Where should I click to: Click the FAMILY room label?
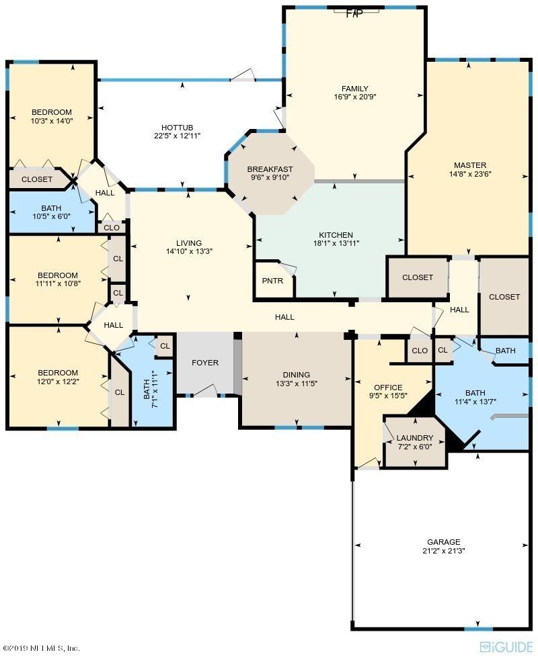(x=354, y=89)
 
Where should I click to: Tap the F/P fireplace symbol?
(x=354, y=13)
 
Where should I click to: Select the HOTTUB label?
(x=177, y=128)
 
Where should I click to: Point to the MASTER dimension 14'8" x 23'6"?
(x=470, y=174)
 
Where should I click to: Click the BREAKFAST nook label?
(x=270, y=169)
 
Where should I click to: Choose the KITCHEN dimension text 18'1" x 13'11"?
(x=336, y=243)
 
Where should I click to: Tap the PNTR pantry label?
(x=272, y=281)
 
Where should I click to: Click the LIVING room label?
(x=189, y=243)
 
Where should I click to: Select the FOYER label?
(x=204, y=363)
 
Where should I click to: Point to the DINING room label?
(x=297, y=374)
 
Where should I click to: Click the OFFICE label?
(x=388, y=388)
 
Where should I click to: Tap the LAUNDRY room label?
(x=415, y=438)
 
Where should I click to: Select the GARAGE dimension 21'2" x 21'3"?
(x=443, y=551)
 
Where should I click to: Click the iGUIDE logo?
(x=507, y=647)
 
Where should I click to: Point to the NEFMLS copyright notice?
(x=41, y=648)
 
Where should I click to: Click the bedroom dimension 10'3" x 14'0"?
(x=52, y=121)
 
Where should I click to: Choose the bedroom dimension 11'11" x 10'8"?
(x=58, y=283)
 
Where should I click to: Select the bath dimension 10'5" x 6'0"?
(x=51, y=216)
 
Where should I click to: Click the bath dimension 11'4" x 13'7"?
(x=475, y=402)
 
